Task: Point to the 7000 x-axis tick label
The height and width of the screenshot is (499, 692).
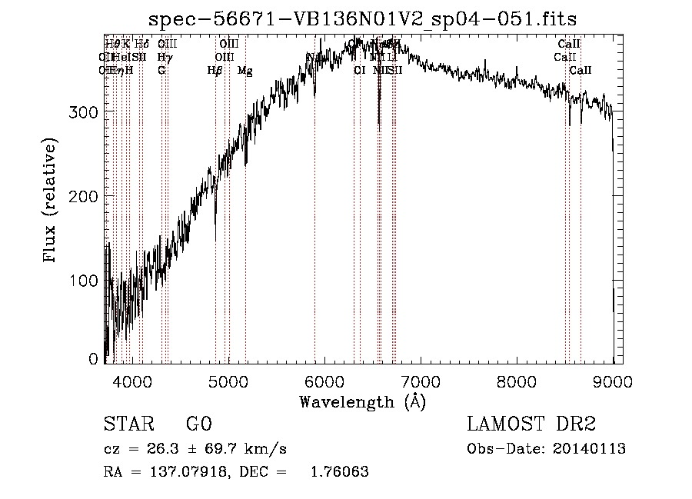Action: (421, 380)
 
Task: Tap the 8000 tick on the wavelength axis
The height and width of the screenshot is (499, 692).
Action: (517, 380)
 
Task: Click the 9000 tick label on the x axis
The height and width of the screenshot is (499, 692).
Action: (613, 380)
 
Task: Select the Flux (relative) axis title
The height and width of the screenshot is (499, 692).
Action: (51, 201)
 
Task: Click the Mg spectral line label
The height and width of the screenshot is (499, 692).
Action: (245, 71)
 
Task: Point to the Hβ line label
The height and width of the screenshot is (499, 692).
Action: (215, 71)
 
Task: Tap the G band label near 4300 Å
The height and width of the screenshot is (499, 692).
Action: (161, 71)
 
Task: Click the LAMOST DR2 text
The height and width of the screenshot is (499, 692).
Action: (531, 424)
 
